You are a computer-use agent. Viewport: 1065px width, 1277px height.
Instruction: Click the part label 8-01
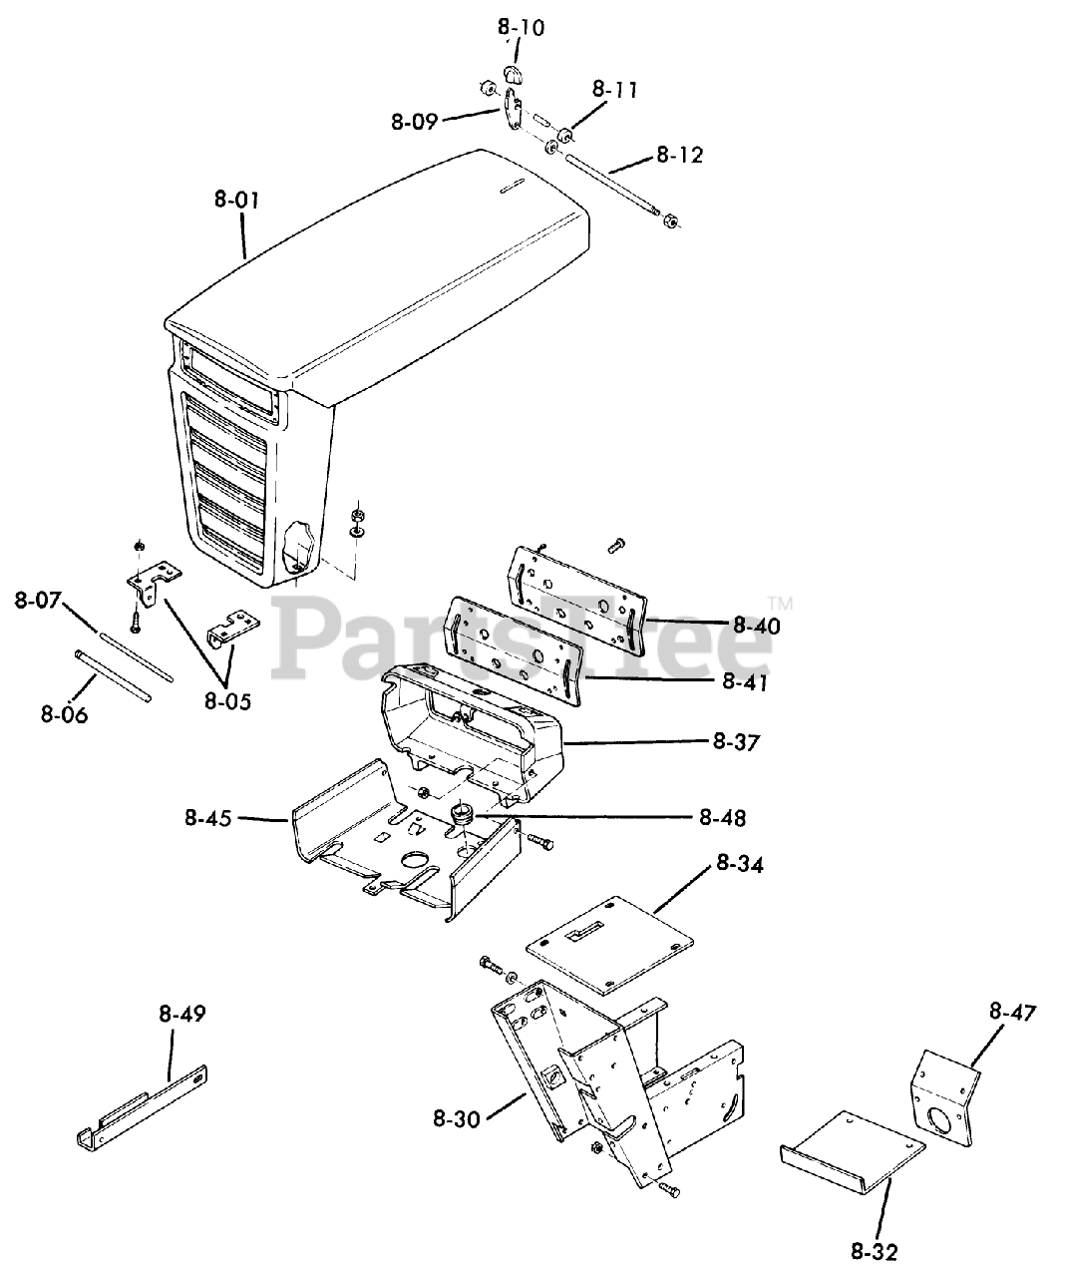[x=236, y=201]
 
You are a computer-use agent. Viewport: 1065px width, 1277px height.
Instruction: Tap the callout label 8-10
[x=521, y=28]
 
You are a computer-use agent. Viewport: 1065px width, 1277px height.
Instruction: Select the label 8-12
[x=679, y=156]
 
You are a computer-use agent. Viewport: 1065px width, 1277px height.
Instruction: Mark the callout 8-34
[x=739, y=865]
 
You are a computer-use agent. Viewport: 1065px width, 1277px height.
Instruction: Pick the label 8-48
[x=722, y=818]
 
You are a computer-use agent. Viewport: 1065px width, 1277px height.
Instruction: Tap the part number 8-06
[x=65, y=714]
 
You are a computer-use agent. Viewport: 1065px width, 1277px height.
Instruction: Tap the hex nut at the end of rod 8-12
[x=670, y=220]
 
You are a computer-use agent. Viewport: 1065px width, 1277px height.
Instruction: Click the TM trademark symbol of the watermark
[x=779, y=603]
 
